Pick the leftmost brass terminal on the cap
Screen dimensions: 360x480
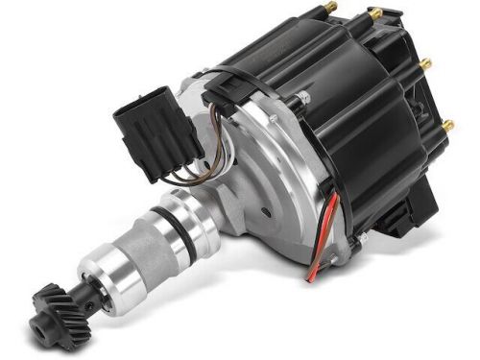333,9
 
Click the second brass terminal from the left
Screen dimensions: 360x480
375,13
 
